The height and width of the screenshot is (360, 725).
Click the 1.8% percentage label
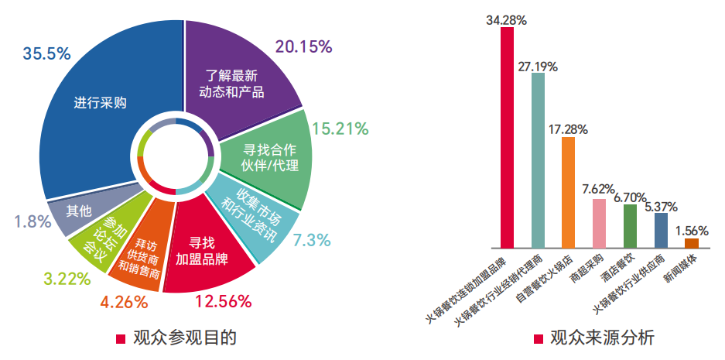(x=32, y=221)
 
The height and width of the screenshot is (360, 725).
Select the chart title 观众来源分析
(x=601, y=338)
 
